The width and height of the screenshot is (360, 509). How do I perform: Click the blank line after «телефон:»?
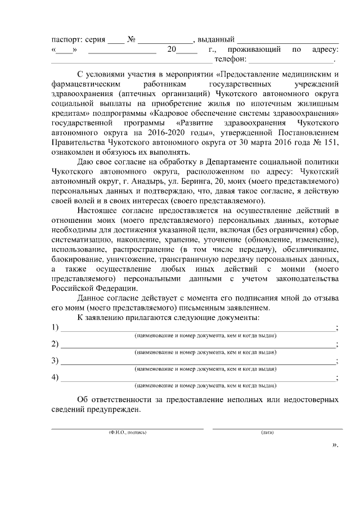(x=291, y=61)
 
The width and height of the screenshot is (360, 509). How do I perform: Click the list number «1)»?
(x=55, y=328)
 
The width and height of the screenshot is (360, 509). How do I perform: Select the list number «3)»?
(x=55, y=361)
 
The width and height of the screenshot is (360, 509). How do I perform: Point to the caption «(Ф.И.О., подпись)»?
(x=128, y=433)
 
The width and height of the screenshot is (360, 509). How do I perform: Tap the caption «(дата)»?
(x=268, y=433)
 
